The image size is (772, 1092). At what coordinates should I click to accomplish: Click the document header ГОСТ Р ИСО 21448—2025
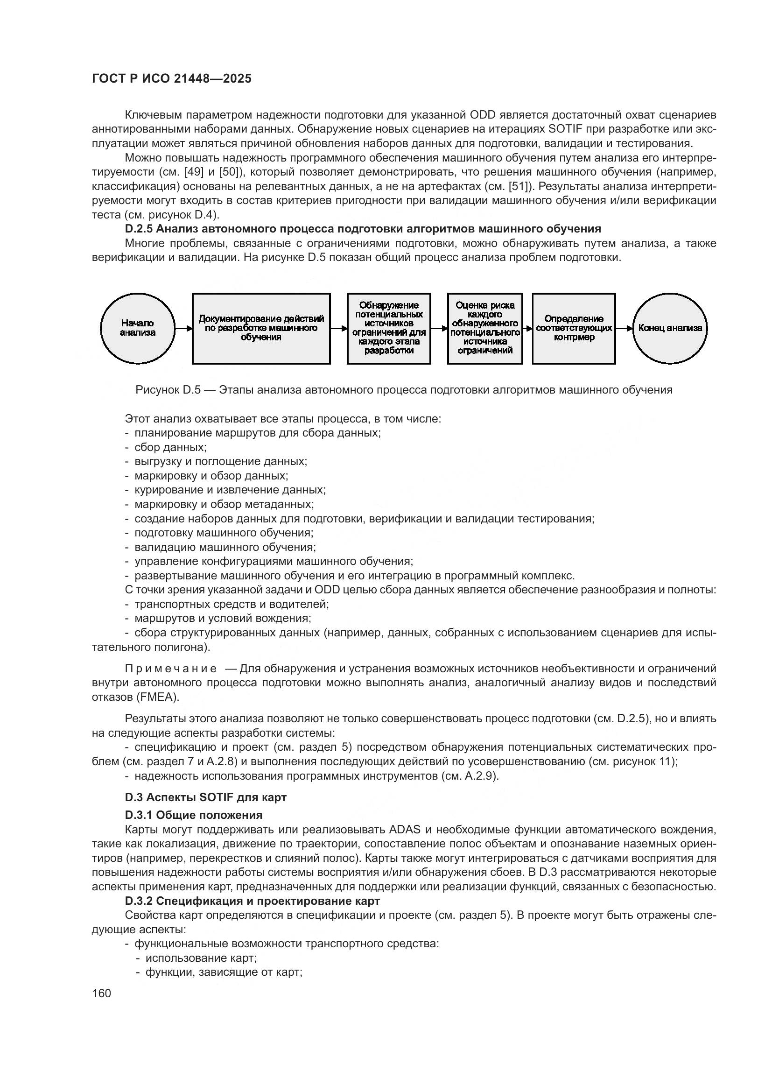(x=172, y=79)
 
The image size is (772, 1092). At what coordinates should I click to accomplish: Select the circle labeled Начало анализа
(x=137, y=328)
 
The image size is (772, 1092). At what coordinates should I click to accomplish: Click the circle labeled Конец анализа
(x=670, y=328)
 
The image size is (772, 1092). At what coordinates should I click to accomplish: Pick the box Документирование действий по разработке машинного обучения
(x=261, y=328)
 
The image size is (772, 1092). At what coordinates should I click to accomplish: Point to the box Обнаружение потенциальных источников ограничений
(x=389, y=328)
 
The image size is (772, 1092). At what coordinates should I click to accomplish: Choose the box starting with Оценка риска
(x=485, y=328)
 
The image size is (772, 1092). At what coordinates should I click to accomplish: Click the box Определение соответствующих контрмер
(x=574, y=328)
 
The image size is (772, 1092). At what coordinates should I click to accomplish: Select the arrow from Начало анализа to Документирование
(x=183, y=328)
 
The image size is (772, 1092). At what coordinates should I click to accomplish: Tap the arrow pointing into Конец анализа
(x=625, y=328)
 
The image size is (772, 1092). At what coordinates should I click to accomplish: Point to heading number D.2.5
(x=138, y=229)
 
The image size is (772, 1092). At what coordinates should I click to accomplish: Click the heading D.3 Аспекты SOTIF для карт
(x=205, y=797)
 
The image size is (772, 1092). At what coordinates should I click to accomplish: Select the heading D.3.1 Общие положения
(x=194, y=815)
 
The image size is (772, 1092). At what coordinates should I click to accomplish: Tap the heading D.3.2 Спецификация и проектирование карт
(x=253, y=901)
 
